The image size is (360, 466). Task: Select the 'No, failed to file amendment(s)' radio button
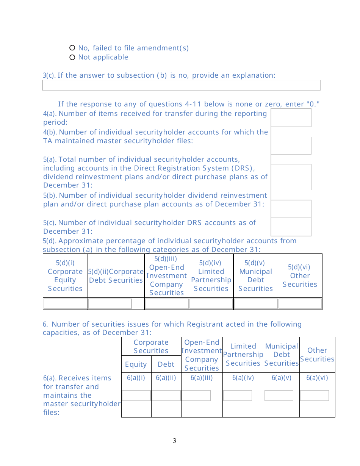click(72, 48)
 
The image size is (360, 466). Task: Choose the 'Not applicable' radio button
click(72, 57)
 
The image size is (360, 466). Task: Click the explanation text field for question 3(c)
click(181, 85)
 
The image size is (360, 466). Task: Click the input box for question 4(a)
click(291, 117)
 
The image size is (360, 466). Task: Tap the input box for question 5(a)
click(291, 177)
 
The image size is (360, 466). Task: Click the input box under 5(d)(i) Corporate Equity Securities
click(65, 304)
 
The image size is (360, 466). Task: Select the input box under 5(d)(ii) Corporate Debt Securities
click(110, 304)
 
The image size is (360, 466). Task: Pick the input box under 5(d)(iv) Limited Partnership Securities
click(211, 304)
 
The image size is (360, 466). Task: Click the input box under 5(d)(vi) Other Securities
click(300, 304)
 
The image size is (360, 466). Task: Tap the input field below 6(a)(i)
click(136, 396)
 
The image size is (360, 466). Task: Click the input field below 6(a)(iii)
click(196, 396)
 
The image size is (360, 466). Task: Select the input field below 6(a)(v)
click(279, 396)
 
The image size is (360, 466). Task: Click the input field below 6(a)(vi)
click(314, 396)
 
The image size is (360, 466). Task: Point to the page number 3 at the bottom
click(174, 441)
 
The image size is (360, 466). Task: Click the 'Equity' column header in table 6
click(136, 364)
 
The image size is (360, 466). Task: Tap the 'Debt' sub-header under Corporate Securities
click(166, 364)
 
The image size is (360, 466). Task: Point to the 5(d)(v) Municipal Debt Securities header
click(255, 276)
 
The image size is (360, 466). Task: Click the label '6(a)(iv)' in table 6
click(243, 378)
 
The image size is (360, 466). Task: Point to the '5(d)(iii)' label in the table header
click(166, 259)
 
